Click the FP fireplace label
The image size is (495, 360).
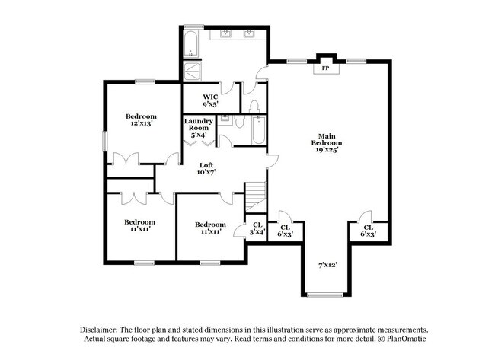click(325, 68)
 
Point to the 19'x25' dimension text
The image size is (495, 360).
click(325, 150)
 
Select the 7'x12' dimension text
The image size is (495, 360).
click(327, 265)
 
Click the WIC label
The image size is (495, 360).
click(210, 97)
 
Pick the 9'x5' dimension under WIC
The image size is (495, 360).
click(210, 104)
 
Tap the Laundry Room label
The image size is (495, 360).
click(198, 125)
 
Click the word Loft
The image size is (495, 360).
click(206, 165)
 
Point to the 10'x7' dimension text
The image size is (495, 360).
click(206, 173)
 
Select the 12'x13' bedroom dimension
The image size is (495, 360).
click(141, 123)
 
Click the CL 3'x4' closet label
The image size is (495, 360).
click(257, 228)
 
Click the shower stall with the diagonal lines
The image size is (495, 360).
click(194, 71)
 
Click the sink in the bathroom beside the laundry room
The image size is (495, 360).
click(225, 120)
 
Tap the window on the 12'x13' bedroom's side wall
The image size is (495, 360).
click(105, 143)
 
